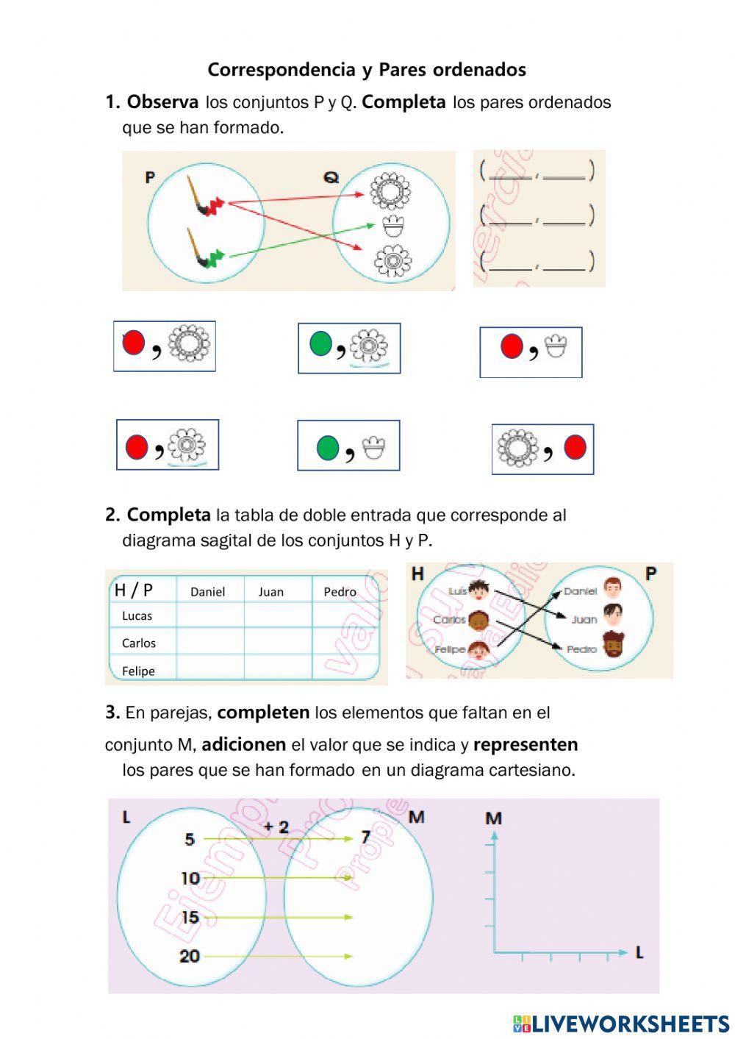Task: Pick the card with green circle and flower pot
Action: [348, 446]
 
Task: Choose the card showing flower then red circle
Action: [542, 449]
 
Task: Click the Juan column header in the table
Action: [270, 592]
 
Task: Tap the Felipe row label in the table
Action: [138, 671]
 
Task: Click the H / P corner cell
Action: [134, 590]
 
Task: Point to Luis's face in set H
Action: [479, 590]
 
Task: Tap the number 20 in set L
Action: [190, 956]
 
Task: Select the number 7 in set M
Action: [365, 838]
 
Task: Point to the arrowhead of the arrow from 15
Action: [350, 917]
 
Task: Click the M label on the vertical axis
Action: [494, 818]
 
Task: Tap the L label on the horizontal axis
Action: [639, 953]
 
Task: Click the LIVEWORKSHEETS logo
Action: [620, 1023]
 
